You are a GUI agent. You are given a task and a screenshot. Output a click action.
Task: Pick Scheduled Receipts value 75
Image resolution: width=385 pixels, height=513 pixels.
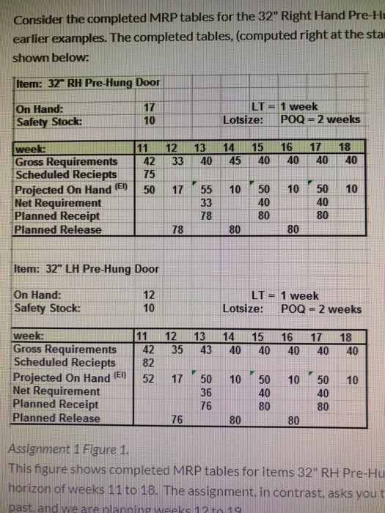point(148,174)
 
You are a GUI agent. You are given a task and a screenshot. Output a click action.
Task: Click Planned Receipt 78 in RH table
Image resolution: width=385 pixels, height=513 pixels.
point(206,215)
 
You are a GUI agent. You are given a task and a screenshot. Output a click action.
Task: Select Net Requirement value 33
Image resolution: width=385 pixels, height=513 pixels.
point(206,202)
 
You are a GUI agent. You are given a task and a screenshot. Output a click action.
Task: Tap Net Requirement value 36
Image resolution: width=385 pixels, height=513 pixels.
point(206,391)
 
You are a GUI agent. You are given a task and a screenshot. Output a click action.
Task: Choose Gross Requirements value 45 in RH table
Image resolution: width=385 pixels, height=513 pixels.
point(235,161)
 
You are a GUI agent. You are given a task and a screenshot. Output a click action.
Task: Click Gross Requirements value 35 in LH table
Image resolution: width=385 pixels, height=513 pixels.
point(176,350)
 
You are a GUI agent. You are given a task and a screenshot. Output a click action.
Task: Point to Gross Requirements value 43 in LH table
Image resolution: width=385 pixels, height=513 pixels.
point(206,350)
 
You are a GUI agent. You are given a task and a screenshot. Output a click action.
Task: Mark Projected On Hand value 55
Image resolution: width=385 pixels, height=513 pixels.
point(206,188)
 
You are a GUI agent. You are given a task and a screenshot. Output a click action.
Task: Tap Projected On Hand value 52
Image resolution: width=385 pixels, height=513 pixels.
point(147,378)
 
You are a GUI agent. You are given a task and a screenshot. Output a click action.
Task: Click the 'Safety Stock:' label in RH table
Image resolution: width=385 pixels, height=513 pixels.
point(43,120)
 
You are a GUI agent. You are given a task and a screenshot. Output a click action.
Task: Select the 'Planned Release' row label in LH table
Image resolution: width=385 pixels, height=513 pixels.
point(57,418)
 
